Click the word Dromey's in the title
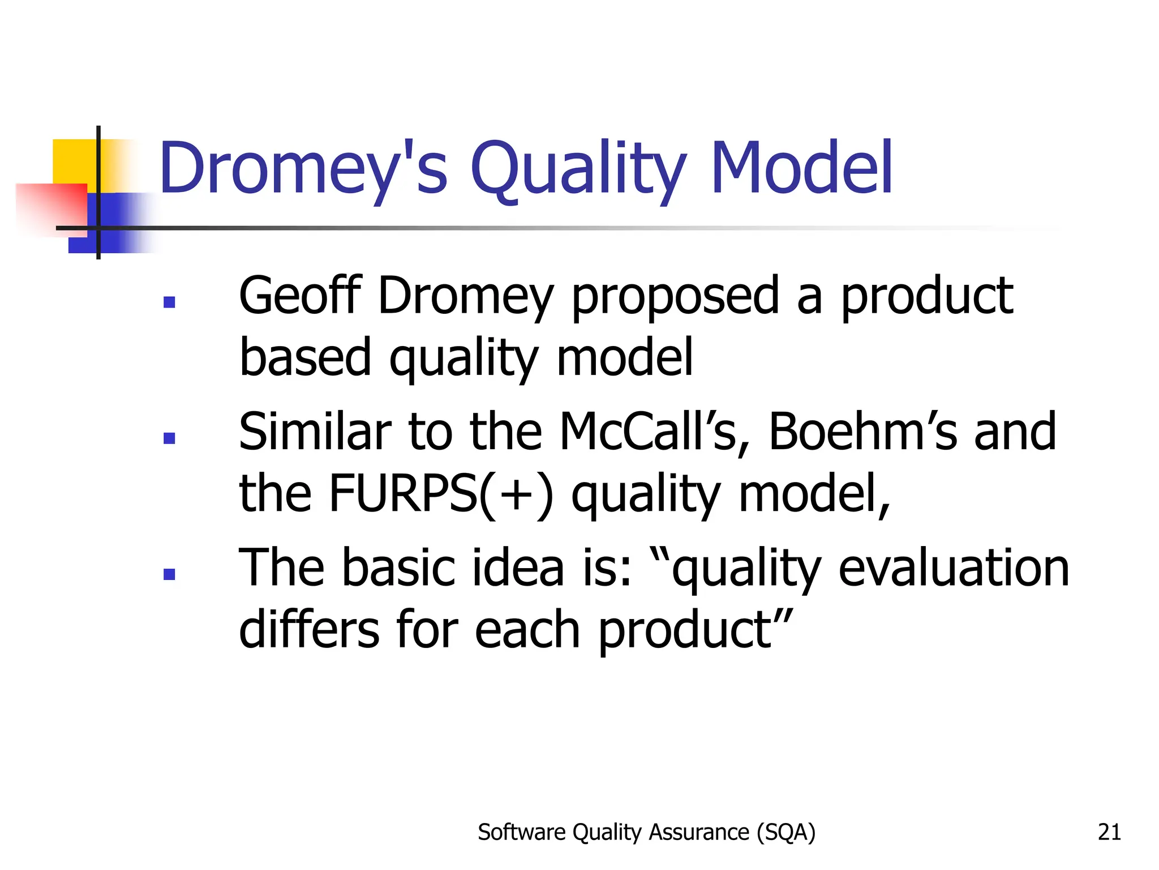pyautogui.click(x=303, y=169)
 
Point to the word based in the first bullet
pyautogui.click(x=306, y=357)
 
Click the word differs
pyautogui.click(x=309, y=629)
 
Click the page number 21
pyautogui.click(x=1109, y=832)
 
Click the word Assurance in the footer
pyautogui.click(x=699, y=832)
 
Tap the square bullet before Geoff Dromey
pyautogui.click(x=169, y=302)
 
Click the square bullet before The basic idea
pyautogui.click(x=169, y=574)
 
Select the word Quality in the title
pyautogui.click(x=578, y=169)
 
